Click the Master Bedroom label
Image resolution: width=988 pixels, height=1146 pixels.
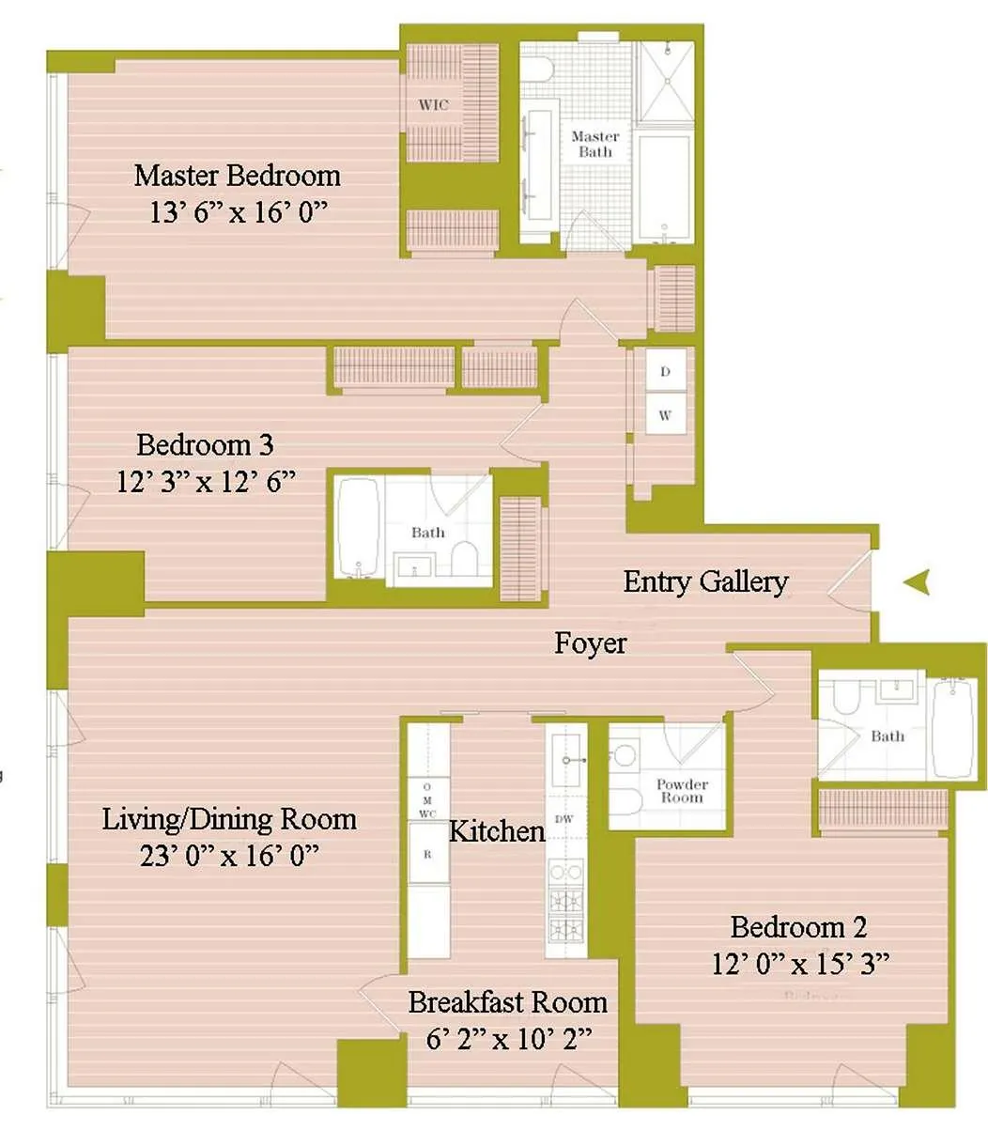237,176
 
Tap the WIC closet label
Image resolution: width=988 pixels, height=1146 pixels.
433,105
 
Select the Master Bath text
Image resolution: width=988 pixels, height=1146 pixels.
595,144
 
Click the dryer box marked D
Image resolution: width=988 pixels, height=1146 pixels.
665,372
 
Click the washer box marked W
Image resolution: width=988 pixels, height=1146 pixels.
665,415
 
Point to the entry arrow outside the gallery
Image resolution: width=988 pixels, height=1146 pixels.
917,583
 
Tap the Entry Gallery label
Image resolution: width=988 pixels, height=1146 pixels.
705,581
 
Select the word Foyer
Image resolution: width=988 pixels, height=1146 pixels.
590,643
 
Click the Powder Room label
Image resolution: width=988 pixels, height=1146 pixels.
682,791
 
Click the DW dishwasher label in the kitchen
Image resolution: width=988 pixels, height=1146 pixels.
564,819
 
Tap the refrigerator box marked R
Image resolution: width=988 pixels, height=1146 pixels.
427,855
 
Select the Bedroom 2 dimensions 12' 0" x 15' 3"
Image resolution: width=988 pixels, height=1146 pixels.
800,964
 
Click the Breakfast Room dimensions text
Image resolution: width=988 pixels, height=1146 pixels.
507,1038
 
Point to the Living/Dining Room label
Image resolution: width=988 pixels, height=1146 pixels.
229,819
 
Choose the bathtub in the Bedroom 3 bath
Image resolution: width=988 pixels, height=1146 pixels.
358,530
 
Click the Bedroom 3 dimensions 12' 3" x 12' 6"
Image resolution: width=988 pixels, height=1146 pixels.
206,482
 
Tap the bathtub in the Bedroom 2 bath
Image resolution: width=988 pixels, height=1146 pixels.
954,728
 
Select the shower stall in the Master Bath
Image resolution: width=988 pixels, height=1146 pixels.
665,81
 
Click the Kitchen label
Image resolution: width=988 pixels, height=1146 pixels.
497,831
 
